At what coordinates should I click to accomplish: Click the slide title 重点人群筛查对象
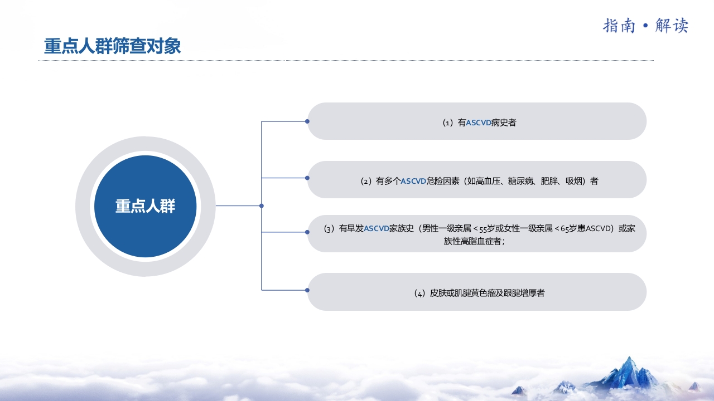113,46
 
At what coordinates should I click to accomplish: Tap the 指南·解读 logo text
645,26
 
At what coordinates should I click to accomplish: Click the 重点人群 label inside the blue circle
145,206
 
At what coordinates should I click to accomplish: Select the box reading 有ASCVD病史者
477,121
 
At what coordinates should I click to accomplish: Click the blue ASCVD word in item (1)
479,123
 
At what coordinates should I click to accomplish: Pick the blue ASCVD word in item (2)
413,181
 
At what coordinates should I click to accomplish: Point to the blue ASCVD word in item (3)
377,228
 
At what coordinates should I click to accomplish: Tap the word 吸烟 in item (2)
573,181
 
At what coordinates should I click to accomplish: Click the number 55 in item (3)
483,229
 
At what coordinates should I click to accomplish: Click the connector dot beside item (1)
307,121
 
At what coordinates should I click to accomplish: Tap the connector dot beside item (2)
307,178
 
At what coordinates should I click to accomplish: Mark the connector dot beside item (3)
307,232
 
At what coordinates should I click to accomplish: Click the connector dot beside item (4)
307,290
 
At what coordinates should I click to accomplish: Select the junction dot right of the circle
262,206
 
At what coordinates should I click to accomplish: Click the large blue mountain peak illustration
629,371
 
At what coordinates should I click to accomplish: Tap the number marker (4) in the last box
419,293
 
